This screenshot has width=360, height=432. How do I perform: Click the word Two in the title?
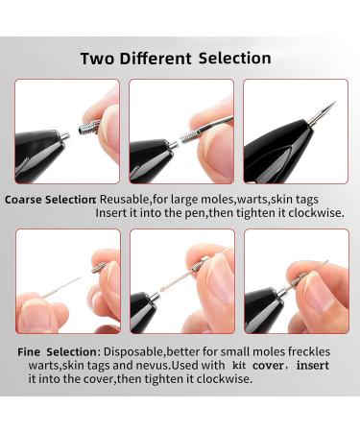(98, 59)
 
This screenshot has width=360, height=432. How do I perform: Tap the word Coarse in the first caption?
(25, 200)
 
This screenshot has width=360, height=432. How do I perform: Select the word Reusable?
(126, 200)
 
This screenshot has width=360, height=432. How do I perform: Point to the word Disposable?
(136, 351)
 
